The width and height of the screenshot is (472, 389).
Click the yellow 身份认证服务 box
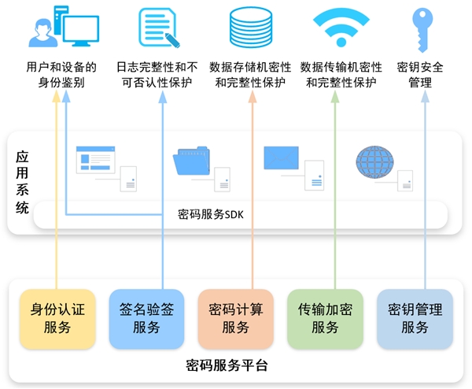pos(57,319)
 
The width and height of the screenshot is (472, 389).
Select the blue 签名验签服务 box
pos(146,319)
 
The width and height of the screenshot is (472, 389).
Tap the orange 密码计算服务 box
pos(236,319)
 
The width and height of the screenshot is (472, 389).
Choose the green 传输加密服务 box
pos(325,319)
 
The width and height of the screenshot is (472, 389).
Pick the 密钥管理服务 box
pos(415,319)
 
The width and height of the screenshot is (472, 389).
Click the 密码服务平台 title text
pos(227,365)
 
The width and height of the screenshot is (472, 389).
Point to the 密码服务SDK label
pos(210,214)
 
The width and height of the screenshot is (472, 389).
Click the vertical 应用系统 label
pos(22,183)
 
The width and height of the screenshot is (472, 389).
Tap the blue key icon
pos(422,29)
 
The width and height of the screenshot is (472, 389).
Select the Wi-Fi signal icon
pos(341,27)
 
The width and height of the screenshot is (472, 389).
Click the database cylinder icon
pos(251,28)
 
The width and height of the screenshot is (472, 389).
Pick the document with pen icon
pos(159,28)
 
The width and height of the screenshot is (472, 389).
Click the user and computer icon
pos(64,27)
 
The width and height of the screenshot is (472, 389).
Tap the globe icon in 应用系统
pos(374,161)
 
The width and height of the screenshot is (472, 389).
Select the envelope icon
pos(281,157)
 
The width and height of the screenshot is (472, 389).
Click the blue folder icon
pos(191,161)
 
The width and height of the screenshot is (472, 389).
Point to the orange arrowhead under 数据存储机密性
pos(253,97)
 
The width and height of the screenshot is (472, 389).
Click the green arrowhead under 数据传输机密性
pos(335,97)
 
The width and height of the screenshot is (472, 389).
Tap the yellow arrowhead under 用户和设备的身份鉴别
pos(57,97)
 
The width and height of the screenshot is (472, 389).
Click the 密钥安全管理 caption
pos(420,75)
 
